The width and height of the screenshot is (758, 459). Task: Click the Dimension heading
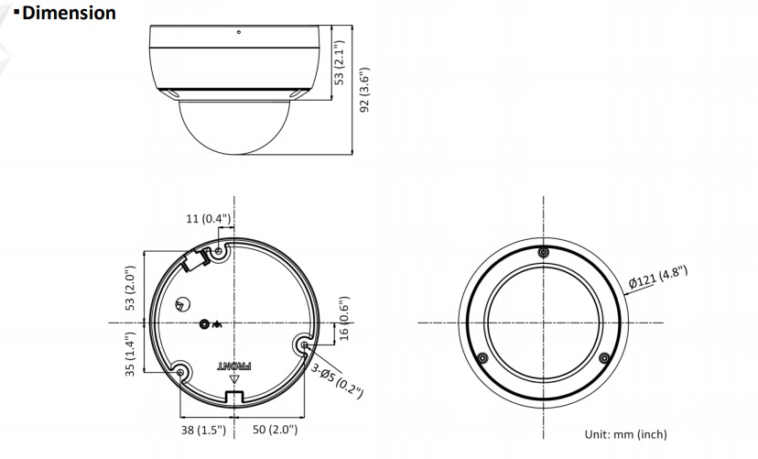coord(69,13)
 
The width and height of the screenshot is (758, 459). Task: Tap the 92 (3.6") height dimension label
coord(365,90)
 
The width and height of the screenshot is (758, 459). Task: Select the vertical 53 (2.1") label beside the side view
coord(340,62)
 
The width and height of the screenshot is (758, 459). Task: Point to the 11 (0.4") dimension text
coord(209,219)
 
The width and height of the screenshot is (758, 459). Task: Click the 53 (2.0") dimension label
coord(130,289)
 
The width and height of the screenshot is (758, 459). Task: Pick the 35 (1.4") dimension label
coord(130,354)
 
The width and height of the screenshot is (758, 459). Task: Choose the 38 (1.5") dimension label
coord(203,430)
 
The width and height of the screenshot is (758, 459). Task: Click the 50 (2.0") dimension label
coord(275,430)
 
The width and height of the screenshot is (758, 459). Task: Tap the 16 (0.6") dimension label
coord(343,319)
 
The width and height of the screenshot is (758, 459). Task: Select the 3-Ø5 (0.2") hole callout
coord(337,382)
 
